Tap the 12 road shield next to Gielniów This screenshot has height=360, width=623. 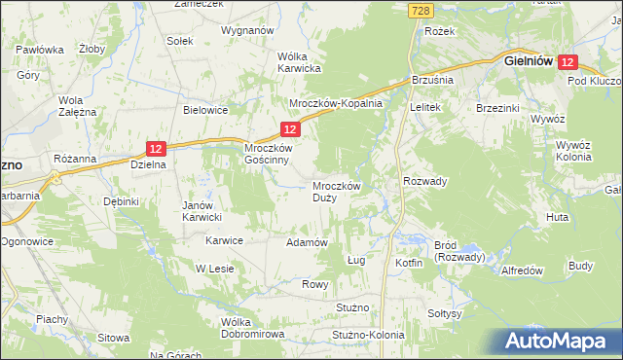tap(569, 61)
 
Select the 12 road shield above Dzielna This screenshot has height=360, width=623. tap(158, 148)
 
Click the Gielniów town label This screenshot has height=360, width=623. tap(529, 60)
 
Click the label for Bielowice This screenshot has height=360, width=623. tap(205, 110)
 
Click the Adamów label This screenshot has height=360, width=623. tap(305, 242)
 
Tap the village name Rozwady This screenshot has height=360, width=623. tap(424, 181)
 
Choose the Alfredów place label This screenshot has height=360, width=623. tap(520, 270)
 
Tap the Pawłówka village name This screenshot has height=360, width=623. tap(40, 49)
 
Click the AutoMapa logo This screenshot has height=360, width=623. tap(558, 342)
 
